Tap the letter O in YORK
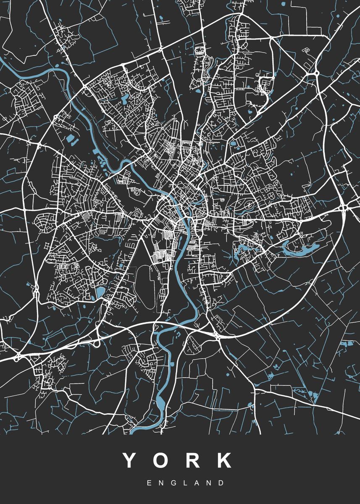[x=162, y=461]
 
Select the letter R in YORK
[x=193, y=461]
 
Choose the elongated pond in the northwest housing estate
[x=126, y=99]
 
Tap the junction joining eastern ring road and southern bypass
[x=217, y=335]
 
